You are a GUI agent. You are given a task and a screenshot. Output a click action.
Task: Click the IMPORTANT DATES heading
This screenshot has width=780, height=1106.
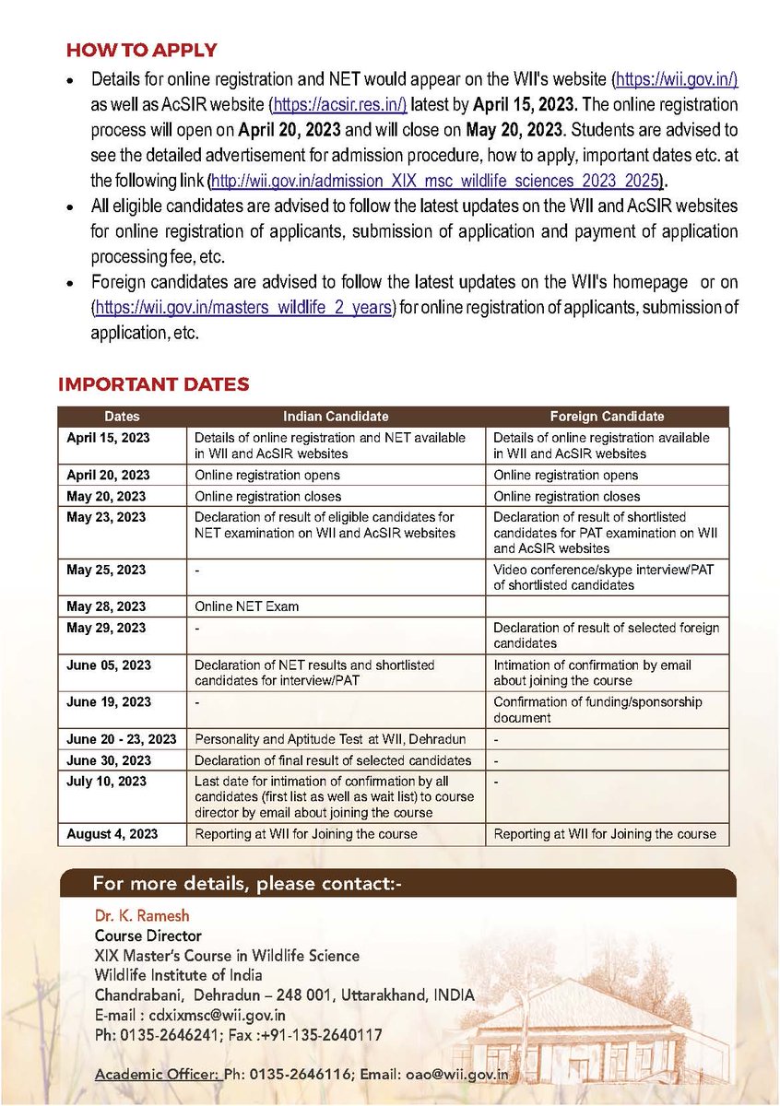(153, 384)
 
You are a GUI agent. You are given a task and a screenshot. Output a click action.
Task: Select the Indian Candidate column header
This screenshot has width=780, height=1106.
(336, 417)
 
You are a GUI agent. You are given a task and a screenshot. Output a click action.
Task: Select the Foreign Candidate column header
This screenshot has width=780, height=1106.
(607, 417)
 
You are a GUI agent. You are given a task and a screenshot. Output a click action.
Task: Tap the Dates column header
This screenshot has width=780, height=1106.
(122, 417)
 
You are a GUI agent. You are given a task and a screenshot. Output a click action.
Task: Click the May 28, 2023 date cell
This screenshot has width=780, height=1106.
(106, 606)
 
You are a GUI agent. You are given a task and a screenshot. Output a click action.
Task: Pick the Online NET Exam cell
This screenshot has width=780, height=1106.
(247, 606)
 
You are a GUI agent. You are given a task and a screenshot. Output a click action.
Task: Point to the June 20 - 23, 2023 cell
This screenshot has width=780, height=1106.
(121, 739)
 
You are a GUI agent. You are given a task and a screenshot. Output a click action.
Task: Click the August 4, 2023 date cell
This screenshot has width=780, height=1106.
(112, 833)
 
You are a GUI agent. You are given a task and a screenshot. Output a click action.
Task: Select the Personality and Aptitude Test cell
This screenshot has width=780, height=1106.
(329, 739)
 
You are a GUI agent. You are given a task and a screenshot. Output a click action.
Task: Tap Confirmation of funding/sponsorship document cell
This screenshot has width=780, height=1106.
(597, 710)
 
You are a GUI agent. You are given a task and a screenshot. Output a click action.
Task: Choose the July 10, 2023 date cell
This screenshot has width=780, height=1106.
(106, 781)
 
